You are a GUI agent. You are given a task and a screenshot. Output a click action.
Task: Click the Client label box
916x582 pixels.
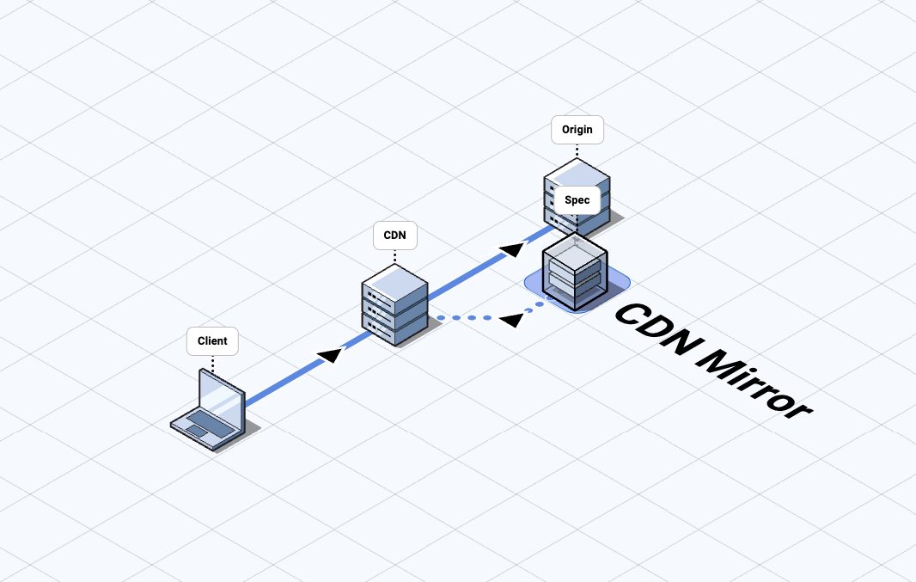click(212, 340)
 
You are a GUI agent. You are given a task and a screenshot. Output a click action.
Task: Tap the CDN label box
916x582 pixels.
click(394, 236)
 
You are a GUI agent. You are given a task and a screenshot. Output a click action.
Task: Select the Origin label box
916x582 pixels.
click(577, 130)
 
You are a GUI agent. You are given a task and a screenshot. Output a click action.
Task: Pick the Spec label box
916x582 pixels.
click(577, 200)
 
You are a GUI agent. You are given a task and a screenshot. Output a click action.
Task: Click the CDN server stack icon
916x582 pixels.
click(394, 304)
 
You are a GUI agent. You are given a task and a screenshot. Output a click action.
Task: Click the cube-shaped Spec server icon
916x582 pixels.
click(575, 268)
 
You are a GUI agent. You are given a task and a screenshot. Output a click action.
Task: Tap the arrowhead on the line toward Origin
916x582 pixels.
click(511, 249)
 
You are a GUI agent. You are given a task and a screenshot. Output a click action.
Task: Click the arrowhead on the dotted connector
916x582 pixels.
click(512, 319)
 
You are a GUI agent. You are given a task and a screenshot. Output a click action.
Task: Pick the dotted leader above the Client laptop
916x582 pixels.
click(212, 362)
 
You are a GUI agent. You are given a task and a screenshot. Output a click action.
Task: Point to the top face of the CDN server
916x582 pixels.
click(394, 283)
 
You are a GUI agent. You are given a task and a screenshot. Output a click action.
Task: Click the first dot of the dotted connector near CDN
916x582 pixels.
click(441, 318)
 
